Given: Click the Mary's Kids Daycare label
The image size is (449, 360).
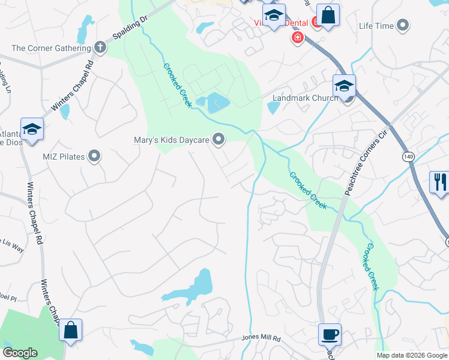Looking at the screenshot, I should pyautogui.click(x=170, y=140).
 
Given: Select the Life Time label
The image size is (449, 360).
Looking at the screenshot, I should pyautogui.click(x=376, y=26).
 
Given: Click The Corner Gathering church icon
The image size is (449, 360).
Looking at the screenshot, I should pyautogui.click(x=100, y=48).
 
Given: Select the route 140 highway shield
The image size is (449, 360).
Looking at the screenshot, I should pyautogui.click(x=409, y=156).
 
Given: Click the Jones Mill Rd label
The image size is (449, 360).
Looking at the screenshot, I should pyautogui.click(x=261, y=338).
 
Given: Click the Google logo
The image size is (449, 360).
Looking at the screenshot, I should pyautogui.click(x=20, y=353).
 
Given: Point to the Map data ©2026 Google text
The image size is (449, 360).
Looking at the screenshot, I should pyautogui.click(x=411, y=355).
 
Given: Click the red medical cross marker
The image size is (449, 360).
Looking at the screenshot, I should pyautogui.click(x=297, y=38).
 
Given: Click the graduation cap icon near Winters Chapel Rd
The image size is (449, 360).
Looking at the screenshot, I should pyautogui.click(x=32, y=128).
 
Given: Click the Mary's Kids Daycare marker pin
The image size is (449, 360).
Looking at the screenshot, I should pyautogui.click(x=219, y=140).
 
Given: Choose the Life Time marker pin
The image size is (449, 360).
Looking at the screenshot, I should pyautogui.click(x=403, y=26).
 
